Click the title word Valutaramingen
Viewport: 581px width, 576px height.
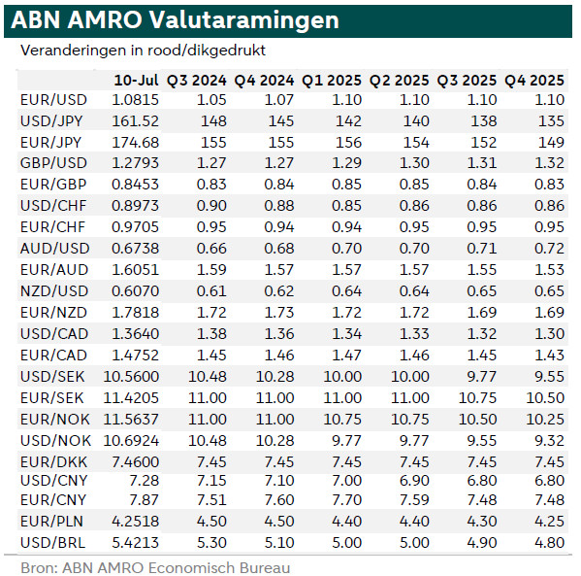click(243, 20)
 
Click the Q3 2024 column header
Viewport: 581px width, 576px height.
click(196, 81)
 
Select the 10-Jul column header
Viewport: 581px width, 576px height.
click(136, 81)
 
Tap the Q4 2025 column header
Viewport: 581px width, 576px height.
click(534, 81)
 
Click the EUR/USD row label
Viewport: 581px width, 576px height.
click(53, 100)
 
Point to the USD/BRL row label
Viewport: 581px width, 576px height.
click(53, 543)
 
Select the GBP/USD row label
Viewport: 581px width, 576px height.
click(53, 163)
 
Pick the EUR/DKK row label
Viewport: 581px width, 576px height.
click(53, 462)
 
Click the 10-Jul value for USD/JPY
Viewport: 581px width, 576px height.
click(135, 121)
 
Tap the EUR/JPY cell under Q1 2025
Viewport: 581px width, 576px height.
click(348, 143)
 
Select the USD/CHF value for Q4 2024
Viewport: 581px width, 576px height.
click(279, 206)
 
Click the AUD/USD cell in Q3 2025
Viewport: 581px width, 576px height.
click(482, 249)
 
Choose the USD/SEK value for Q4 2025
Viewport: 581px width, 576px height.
click(550, 377)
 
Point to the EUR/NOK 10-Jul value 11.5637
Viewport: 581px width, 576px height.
click(131, 420)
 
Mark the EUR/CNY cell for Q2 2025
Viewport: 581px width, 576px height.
click(414, 500)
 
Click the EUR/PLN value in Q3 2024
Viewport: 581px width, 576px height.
click(211, 522)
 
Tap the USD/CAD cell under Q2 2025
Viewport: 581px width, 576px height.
click(414, 334)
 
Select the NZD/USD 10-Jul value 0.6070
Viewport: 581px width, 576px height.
click(135, 291)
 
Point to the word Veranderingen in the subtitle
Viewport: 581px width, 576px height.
click(74, 51)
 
